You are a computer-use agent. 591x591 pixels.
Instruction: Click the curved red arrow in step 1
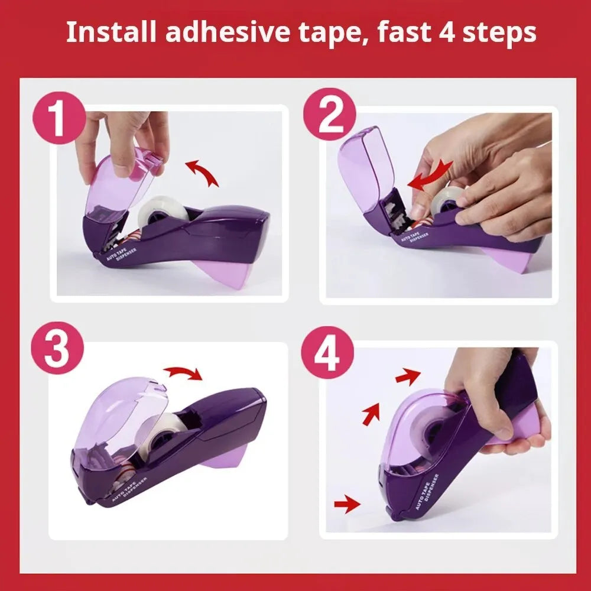point(202,173)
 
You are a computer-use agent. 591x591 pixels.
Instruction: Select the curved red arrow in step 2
point(428,176)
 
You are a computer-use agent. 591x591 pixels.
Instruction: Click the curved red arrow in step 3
point(183,373)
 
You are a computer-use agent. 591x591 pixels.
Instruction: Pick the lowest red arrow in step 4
point(347,504)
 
